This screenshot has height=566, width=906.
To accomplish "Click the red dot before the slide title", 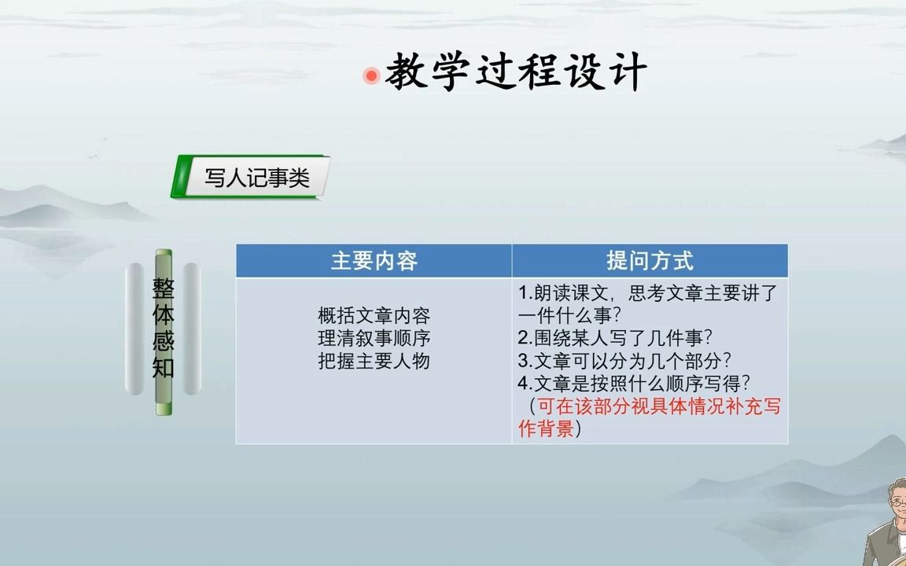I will click(x=371, y=75).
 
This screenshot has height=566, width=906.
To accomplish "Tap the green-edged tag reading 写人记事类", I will click(x=256, y=178).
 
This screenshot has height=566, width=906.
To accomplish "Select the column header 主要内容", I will click(x=374, y=261).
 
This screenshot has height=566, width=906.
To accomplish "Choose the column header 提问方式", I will click(x=650, y=261).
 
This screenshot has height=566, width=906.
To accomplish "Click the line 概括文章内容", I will click(x=374, y=316).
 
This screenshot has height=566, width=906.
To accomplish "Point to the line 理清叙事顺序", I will click(x=374, y=339).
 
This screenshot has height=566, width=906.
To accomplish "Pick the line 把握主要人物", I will click(x=374, y=362).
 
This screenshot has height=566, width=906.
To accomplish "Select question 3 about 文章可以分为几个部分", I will click(x=625, y=362).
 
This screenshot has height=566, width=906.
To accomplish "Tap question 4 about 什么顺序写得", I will click(x=635, y=384).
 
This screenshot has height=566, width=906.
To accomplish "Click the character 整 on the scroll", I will click(x=164, y=289).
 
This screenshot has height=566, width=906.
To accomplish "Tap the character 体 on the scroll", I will click(x=164, y=316).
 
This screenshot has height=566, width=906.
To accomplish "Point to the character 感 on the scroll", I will click(x=164, y=342).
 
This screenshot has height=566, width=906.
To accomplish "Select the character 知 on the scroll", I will click(x=164, y=367).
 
